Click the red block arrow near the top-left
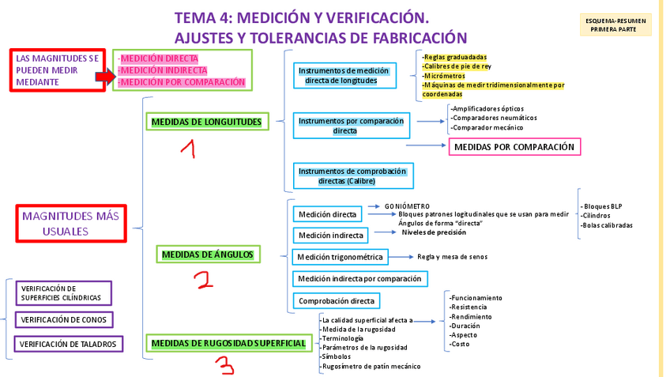tap(105, 76)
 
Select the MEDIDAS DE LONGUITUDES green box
tap(206, 122)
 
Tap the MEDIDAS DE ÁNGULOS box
tap(207, 254)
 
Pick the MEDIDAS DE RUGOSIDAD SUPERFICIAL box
tap(228, 343)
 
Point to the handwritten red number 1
tap(187, 149)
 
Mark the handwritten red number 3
tap(226, 365)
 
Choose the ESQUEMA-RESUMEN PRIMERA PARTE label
tap(615, 25)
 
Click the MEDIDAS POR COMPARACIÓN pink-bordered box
tap(514, 147)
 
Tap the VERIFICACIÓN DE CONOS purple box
tap(64, 319)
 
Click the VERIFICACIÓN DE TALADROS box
tap(68, 344)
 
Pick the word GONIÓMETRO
tap(407, 206)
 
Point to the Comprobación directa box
tap(336, 301)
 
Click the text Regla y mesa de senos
tap(452, 257)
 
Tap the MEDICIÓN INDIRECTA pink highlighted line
tap(163, 70)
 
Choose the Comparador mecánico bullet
tap(487, 127)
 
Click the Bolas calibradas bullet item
tap(607, 225)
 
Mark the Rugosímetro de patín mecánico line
tap(371, 366)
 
